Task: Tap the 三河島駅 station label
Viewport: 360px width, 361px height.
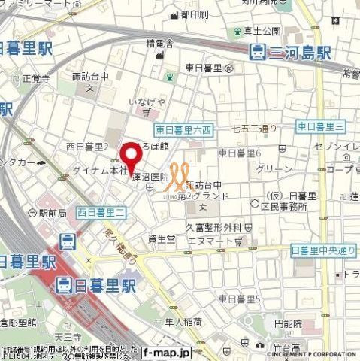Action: point(301,52)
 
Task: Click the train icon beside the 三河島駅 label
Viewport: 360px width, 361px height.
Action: point(258,52)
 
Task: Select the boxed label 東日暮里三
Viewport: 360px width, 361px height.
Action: point(319,126)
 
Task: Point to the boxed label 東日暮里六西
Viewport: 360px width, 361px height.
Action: point(183,131)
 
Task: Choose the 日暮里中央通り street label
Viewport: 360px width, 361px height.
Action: point(324,250)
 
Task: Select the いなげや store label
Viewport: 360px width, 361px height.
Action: point(147,102)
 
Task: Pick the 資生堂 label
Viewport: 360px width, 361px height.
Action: point(162,239)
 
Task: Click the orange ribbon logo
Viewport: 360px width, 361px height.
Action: point(177,177)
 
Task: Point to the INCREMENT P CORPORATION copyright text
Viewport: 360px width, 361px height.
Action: point(312,353)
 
